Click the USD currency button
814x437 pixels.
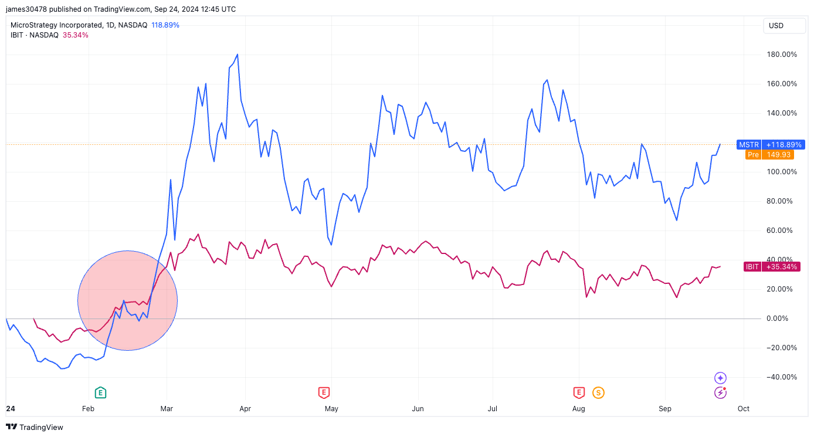click(776, 26)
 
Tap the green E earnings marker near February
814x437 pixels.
click(100, 392)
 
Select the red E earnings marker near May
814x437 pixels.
click(323, 392)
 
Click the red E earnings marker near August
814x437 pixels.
click(579, 392)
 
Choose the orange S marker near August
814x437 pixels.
click(598, 392)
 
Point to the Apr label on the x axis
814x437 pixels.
click(245, 409)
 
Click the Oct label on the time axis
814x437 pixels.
click(743, 409)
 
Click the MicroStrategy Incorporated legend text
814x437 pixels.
click(61, 25)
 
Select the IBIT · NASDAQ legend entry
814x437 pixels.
click(35, 35)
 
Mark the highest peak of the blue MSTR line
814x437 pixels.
click(237, 55)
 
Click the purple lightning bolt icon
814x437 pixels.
click(720, 392)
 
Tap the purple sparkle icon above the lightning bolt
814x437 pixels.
click(720, 378)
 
